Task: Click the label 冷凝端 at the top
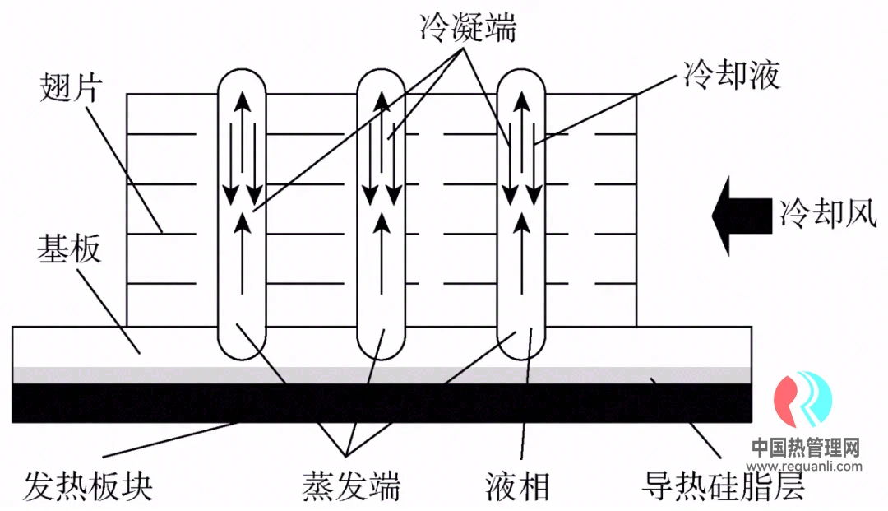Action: point(466,27)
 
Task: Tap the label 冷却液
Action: point(731,76)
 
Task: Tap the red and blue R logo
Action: point(804,400)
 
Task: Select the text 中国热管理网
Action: point(806,448)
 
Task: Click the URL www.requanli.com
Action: point(807,466)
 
